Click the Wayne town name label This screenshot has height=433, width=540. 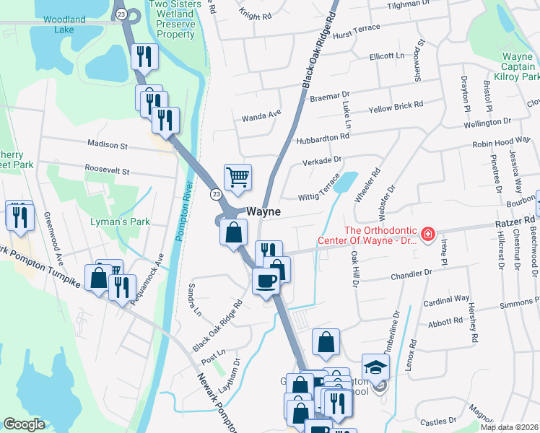point(264,213)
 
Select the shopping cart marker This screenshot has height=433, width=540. point(238,177)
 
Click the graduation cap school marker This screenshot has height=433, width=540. point(376,369)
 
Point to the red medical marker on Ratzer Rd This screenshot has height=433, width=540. point(427,234)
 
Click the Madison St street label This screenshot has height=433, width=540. point(107,145)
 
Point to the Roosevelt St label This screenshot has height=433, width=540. point(106,172)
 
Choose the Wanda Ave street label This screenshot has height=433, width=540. point(261,115)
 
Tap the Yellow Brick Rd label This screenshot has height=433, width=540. point(396,108)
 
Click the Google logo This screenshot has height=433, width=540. point(24,424)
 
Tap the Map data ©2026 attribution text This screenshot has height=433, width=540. point(509,427)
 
